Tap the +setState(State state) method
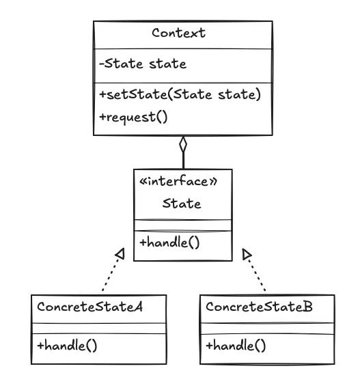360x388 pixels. pyautogui.click(x=180, y=95)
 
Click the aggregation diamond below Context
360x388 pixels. pyautogui.click(x=182, y=145)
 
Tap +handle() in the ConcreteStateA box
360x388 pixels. pyautogui.click(x=67, y=345)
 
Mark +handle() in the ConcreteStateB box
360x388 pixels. pyautogui.click(x=236, y=345)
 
